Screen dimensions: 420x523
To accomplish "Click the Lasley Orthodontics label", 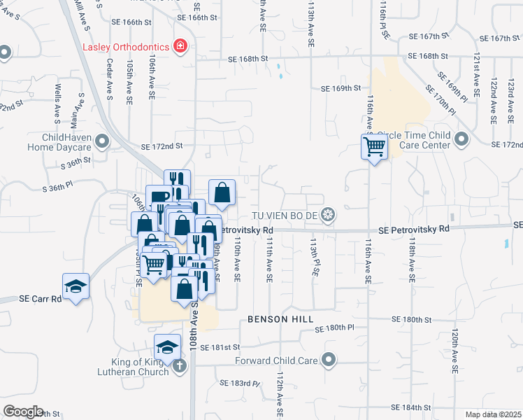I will click(x=127, y=47).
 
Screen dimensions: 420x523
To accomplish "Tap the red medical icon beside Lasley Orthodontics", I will click(x=181, y=46).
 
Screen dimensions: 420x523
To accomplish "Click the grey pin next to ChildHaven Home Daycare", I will click(x=102, y=143).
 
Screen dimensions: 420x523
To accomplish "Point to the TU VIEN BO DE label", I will click(x=286, y=214).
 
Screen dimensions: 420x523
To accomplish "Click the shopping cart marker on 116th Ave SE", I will click(x=374, y=147).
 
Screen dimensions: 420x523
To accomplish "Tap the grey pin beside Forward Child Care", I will click(x=328, y=361).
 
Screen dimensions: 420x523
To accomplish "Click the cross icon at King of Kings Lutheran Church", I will click(x=179, y=365).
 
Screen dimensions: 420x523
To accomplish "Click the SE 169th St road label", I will click(x=341, y=89).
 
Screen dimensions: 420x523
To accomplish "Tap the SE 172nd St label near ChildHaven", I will click(x=162, y=146).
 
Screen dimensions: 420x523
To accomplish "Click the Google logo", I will click(x=22, y=411).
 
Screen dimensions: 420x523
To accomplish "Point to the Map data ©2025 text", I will click(x=493, y=414).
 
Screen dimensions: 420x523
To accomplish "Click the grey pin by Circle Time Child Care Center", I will click(x=461, y=140).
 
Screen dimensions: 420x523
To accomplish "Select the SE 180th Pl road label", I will click(x=335, y=328).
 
